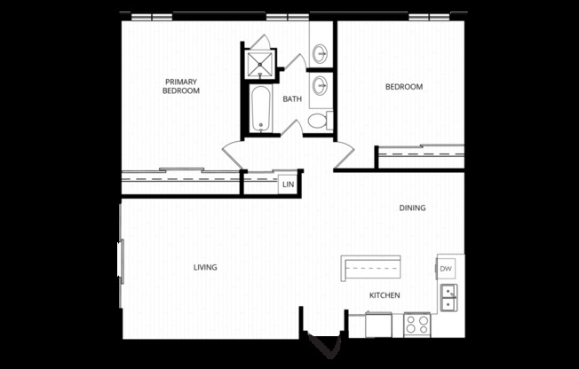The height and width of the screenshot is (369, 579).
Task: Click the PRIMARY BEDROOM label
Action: point(181,86)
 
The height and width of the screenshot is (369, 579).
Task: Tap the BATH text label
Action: point(292,99)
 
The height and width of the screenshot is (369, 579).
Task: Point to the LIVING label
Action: point(205,267)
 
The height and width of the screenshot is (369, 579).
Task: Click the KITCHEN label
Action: point(385,295)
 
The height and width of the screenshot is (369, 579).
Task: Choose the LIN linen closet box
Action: point(288,184)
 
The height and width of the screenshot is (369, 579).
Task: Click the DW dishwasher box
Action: point(446,269)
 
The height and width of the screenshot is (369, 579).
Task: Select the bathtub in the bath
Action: point(260,109)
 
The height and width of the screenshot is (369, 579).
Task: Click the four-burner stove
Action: point(416,325)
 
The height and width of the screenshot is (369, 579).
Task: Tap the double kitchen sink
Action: point(448,298)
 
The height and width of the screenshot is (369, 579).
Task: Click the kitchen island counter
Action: point(371,266)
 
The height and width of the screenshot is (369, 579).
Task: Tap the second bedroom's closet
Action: point(420,155)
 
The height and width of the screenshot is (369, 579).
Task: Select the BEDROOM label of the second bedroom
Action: point(403,87)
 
